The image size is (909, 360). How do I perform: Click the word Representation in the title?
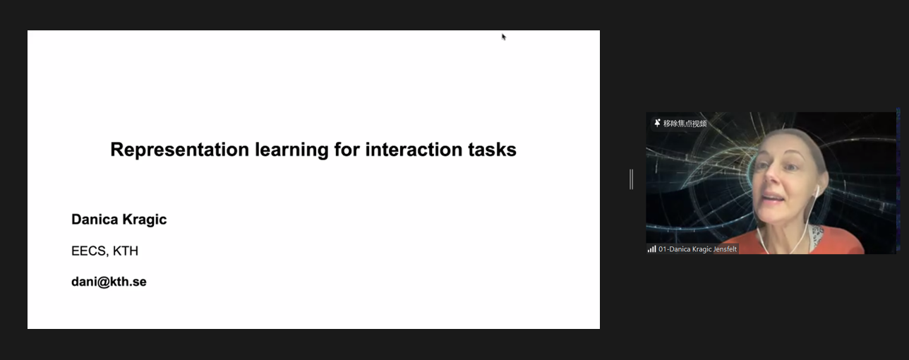coord(180,150)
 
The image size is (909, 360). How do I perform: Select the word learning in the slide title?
coord(291,150)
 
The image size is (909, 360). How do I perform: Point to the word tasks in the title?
coord(492,150)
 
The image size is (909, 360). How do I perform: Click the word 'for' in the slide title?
coord(347,150)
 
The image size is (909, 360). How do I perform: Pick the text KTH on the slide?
coord(126,251)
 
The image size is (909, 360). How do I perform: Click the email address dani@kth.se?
coord(109,282)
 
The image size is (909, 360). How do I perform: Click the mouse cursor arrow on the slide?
coord(504,37)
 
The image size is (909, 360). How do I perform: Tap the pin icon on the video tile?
coord(657,123)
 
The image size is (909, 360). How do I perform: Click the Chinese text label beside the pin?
coord(685,124)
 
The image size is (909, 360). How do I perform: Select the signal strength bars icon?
coord(651,248)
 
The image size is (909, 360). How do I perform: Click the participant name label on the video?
coord(697,249)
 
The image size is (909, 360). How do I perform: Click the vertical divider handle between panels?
coord(631,179)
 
